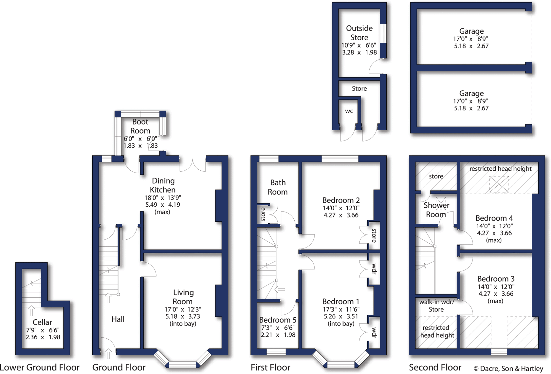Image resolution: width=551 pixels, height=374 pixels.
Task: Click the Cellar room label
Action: (42, 322)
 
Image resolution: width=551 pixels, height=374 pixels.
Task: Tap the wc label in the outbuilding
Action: (349, 111)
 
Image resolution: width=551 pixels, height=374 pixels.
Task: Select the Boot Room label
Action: (140, 126)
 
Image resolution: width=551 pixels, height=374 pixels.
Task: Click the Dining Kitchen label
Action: (163, 185)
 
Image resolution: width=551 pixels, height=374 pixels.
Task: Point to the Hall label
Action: (118, 319)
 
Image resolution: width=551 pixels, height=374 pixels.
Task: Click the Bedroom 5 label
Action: (278, 320)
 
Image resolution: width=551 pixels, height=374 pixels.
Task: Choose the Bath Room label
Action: (278, 187)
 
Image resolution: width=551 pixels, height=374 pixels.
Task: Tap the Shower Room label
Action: (436, 210)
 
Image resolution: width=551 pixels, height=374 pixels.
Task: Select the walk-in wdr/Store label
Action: (436, 305)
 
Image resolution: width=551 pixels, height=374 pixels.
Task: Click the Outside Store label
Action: (359, 33)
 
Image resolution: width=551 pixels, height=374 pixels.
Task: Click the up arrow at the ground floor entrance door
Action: (108, 354)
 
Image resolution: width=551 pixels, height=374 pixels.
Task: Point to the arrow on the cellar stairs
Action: (31, 310)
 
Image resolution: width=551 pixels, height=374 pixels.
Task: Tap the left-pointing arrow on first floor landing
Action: (280, 290)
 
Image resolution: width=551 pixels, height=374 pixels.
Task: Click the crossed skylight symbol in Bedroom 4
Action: (499, 184)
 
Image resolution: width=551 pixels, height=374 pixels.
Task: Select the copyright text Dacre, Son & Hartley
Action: (508, 368)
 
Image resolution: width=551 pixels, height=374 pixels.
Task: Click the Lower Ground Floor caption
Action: (40, 367)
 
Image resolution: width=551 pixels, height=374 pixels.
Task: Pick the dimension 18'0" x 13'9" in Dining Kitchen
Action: (163, 198)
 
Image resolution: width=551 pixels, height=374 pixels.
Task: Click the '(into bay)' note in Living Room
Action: (183, 324)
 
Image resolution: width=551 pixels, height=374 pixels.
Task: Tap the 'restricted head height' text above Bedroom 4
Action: (500, 169)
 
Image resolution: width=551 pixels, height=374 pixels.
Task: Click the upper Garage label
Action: (471, 31)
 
